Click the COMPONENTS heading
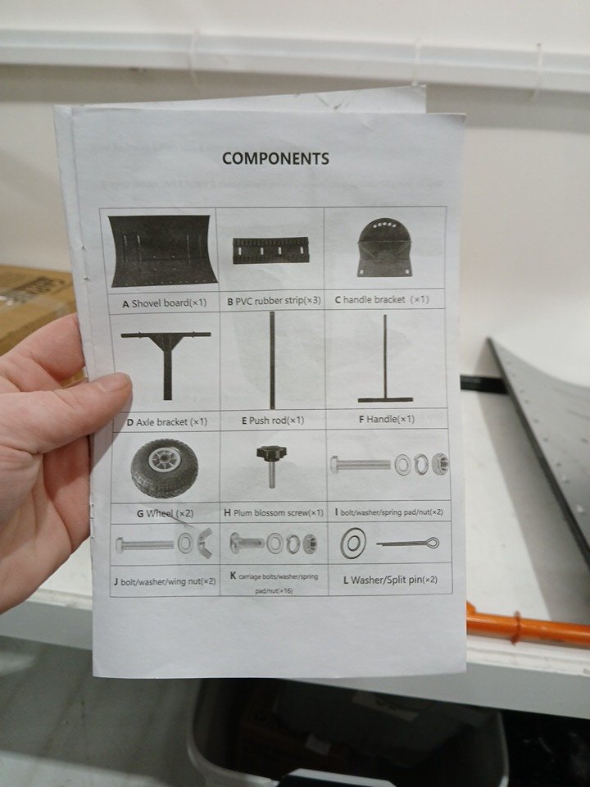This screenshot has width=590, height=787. (276, 158)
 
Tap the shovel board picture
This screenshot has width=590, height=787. (162, 251)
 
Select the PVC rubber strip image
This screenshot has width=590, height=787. (271, 251)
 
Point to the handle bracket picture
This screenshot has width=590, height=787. (385, 248)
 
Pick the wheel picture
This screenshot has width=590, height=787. (165, 468)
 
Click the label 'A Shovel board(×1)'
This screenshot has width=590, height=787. (165, 303)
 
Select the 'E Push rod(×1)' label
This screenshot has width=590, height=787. (273, 421)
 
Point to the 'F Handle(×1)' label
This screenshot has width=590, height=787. (387, 419)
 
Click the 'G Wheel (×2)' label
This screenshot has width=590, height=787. (165, 513)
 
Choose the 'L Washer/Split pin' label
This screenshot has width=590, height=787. (390, 580)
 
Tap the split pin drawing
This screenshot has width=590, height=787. (408, 543)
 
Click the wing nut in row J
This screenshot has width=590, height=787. (204, 543)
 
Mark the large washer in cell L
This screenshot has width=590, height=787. (353, 543)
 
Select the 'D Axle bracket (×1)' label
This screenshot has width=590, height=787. (167, 422)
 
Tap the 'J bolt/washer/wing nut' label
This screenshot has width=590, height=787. (165, 581)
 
